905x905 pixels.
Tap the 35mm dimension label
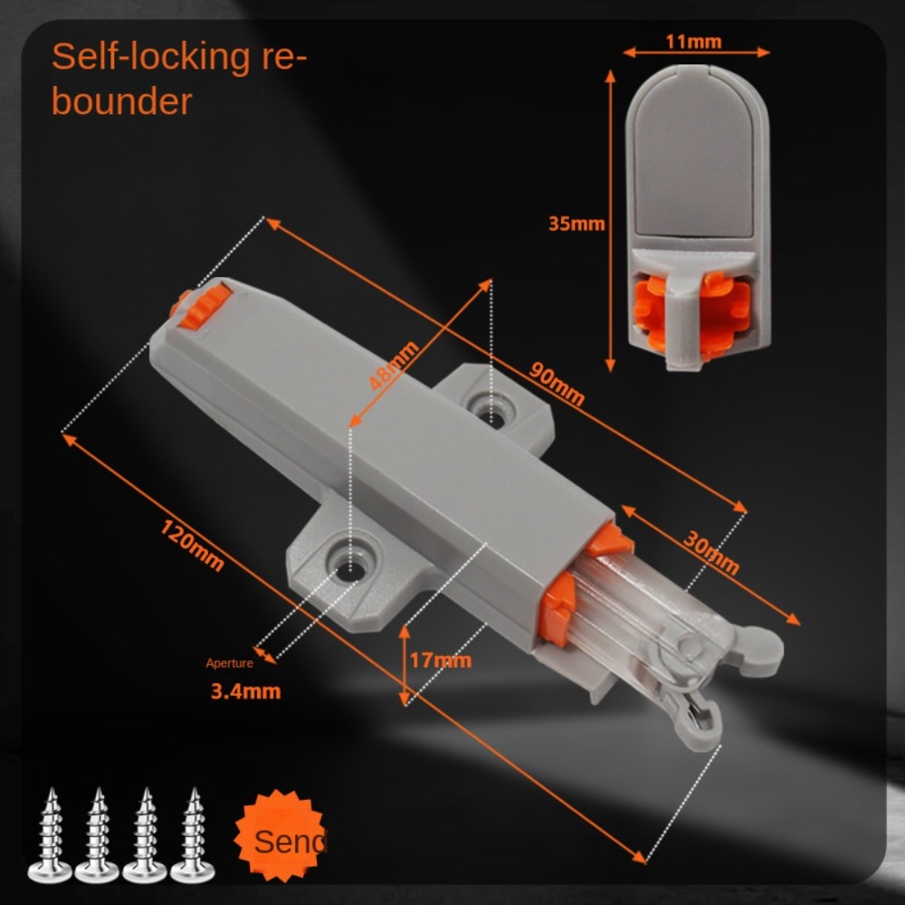click(x=576, y=224)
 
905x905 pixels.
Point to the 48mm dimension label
click(x=395, y=365)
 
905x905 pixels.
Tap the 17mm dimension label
click(x=440, y=660)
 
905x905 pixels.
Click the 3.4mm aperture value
click(x=245, y=691)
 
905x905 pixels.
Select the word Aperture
click(x=229, y=663)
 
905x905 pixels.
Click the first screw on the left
click(x=50, y=834)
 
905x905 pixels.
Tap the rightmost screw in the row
click(x=192, y=834)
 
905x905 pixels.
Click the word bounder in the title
click(x=121, y=101)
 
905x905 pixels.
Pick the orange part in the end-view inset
click(x=693, y=311)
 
